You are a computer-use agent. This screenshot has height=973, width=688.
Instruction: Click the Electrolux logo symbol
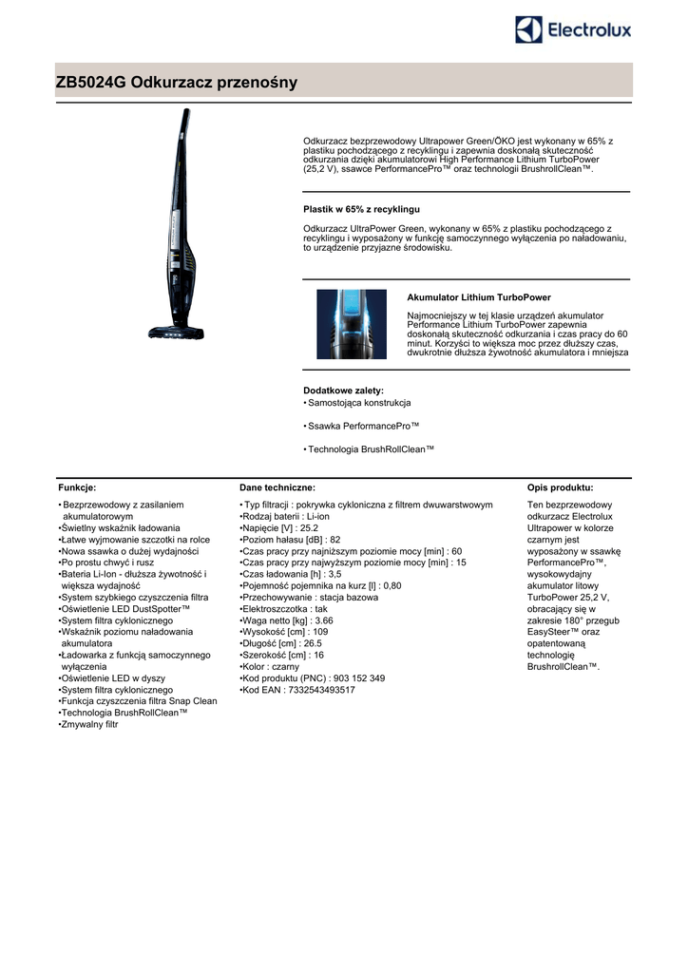pyautogui.click(x=529, y=29)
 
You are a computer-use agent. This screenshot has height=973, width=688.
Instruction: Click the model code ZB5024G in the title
pyautogui.click(x=91, y=83)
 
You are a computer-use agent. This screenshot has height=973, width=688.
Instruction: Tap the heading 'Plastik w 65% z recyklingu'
pyautogui.click(x=361, y=208)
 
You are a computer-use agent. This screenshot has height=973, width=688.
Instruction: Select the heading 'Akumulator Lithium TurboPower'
pyautogui.click(x=479, y=297)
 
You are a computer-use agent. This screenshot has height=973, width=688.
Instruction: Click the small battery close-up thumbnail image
pyautogui.click(x=352, y=324)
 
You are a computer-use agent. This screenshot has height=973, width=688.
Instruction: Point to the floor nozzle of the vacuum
pyautogui.click(x=176, y=333)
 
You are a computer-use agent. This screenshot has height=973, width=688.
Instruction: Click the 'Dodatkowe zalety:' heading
pyautogui.click(x=343, y=391)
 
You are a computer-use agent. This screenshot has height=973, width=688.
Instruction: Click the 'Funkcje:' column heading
pyautogui.click(x=78, y=486)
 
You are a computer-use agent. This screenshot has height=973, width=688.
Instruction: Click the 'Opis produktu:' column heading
pyautogui.click(x=560, y=486)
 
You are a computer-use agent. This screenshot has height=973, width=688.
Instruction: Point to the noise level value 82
pyautogui.click(x=335, y=539)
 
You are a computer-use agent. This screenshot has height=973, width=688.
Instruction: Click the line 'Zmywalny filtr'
pyautogui.click(x=90, y=724)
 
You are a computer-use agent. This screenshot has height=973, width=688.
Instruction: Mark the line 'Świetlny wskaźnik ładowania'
pyautogui.click(x=122, y=527)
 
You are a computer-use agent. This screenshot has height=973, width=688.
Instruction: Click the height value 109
pyautogui.click(x=321, y=631)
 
